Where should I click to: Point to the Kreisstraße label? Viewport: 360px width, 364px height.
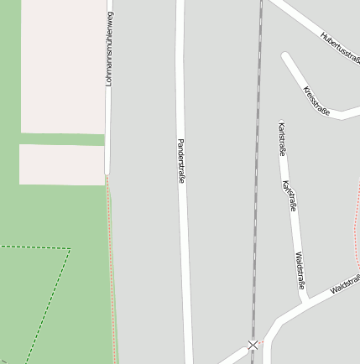pos(316,101)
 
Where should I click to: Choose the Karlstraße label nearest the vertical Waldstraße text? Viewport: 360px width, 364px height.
pos(290,195)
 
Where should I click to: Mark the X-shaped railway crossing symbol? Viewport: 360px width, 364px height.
pos(253,345)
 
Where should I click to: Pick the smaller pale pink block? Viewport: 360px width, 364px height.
pos(62,164)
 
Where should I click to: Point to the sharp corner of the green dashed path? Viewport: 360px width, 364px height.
pos(69,249)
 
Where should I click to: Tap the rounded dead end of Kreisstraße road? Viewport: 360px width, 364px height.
pos(287,58)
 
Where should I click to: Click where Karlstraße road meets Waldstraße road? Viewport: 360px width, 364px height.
pos(305,298)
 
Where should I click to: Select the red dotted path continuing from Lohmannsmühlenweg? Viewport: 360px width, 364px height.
pos(112,268)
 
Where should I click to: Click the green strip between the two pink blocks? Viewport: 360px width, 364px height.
pos(64,138)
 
